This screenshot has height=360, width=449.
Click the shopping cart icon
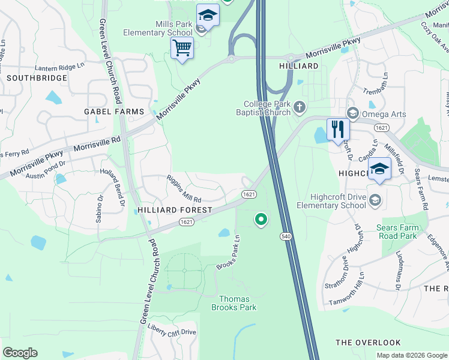tap(182, 47)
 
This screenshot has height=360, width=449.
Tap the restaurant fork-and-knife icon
tap(338, 128)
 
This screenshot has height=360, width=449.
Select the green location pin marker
tap(261, 220)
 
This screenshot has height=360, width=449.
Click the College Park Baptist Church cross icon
tap(299, 107)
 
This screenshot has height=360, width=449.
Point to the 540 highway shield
tap(286, 238)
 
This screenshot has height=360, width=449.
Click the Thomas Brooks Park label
tap(234, 303)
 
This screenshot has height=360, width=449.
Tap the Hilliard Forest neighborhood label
tap(175, 210)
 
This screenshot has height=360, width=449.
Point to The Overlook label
tap(368, 343)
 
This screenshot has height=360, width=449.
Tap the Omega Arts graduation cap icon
tap(353, 113)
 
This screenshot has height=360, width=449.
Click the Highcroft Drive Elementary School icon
tap(375, 200)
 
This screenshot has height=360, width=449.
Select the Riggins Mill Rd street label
tap(184, 188)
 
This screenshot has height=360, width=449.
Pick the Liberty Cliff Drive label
tap(172, 332)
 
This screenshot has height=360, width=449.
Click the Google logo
tap(20, 353)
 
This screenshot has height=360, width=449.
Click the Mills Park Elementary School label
tap(158, 28)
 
